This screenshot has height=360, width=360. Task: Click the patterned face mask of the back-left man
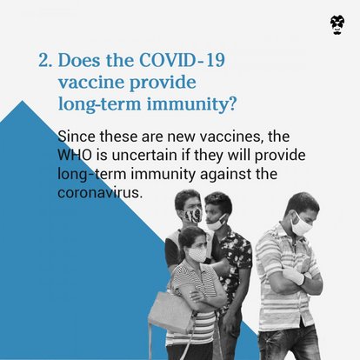tap(193, 215)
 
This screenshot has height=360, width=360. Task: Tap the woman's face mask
tap(197, 255)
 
